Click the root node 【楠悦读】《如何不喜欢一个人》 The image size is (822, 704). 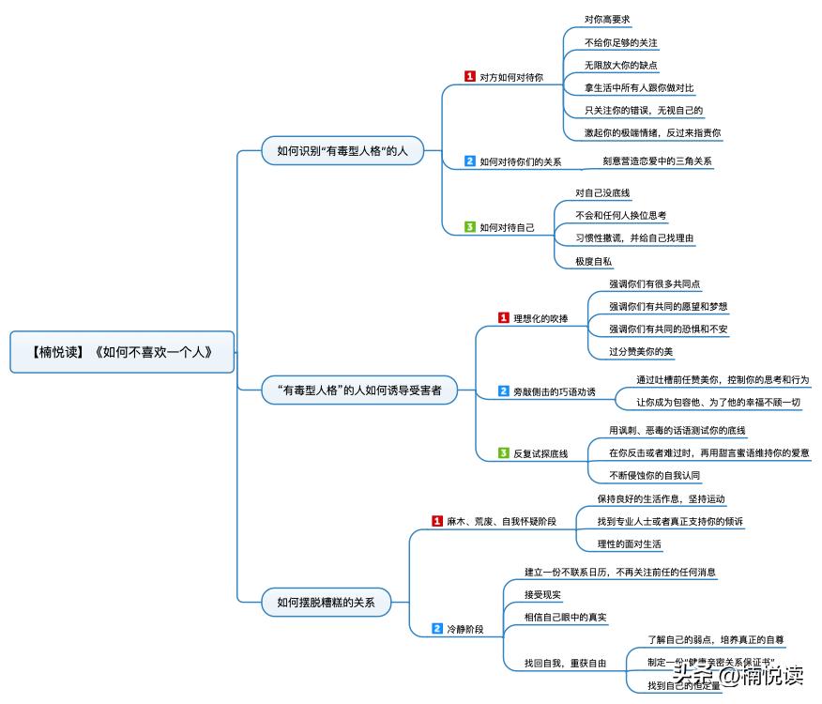tap(122, 353)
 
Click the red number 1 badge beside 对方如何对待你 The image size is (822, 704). tap(470, 77)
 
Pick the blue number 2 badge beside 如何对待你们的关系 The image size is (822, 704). tap(470, 161)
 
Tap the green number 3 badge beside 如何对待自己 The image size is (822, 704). tap(470, 226)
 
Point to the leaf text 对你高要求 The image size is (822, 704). tap(606, 19)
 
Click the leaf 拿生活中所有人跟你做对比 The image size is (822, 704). tap(638, 87)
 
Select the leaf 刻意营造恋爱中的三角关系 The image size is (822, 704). tap(657, 161)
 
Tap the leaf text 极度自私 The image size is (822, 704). tap(592, 261)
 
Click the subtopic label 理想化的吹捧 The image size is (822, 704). tap(540, 318)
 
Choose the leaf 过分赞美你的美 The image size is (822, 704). tap(641, 351)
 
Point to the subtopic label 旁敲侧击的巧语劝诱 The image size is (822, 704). tap(554, 390)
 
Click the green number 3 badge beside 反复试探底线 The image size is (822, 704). tap(504, 453)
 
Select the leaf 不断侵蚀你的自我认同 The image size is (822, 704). tap(654, 475)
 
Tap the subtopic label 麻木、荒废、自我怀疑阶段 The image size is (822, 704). tap(500, 521)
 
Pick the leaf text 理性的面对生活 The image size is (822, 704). tap(629, 543)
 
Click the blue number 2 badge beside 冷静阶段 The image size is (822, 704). tap(437, 628)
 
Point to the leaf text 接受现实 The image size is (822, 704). tap(542, 594)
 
